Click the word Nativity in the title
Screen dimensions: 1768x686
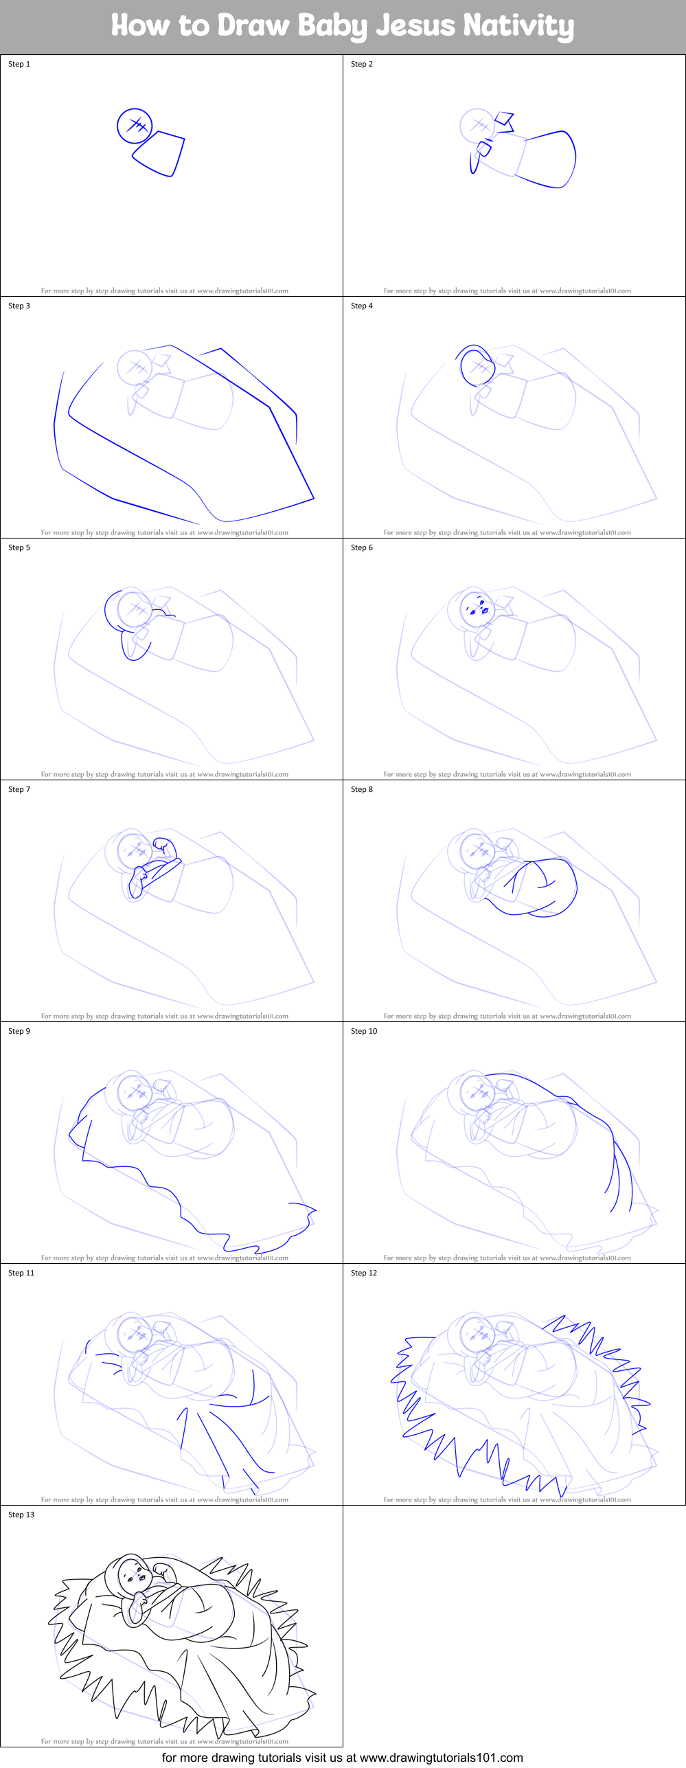click(x=518, y=25)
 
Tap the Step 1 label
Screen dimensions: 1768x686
click(x=19, y=64)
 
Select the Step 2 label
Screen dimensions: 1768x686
click(x=362, y=64)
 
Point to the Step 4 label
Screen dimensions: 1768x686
click(x=362, y=306)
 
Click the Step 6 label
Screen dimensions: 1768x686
click(x=362, y=547)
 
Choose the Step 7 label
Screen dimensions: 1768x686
click(x=19, y=789)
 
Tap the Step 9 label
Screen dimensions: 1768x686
click(x=19, y=1031)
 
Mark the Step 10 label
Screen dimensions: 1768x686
click(x=364, y=1031)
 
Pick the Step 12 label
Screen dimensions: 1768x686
click(x=364, y=1273)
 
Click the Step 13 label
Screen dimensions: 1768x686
click(x=21, y=1515)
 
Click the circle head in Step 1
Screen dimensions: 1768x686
click(x=135, y=126)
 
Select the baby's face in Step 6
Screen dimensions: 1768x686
click(x=477, y=609)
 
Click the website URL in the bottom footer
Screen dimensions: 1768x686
click(x=441, y=1758)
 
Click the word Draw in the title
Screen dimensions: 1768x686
click(x=253, y=25)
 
